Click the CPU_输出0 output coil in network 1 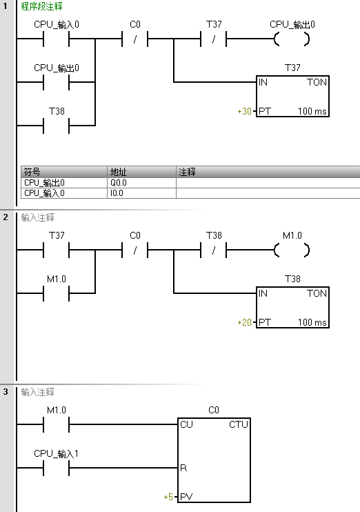[x=292, y=39]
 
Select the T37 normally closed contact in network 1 [x=214, y=39]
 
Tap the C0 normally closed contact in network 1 [x=134, y=39]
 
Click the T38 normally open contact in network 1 [x=56, y=126]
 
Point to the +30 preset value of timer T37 [x=244, y=111]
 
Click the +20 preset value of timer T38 [x=244, y=322]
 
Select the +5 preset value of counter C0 [x=168, y=497]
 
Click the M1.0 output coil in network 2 [x=292, y=250]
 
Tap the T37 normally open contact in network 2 [x=56, y=250]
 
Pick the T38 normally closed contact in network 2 [x=214, y=250]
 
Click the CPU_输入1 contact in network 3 [x=56, y=468]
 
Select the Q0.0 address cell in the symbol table [x=141, y=183]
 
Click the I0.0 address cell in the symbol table [x=141, y=193]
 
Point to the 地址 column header [x=118, y=172]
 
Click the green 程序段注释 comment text [x=42, y=6]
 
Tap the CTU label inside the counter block [x=239, y=424]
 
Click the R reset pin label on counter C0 [x=183, y=468]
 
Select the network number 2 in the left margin [x=6, y=217]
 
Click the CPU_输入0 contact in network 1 [x=56, y=39]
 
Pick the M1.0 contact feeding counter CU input [x=56, y=424]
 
